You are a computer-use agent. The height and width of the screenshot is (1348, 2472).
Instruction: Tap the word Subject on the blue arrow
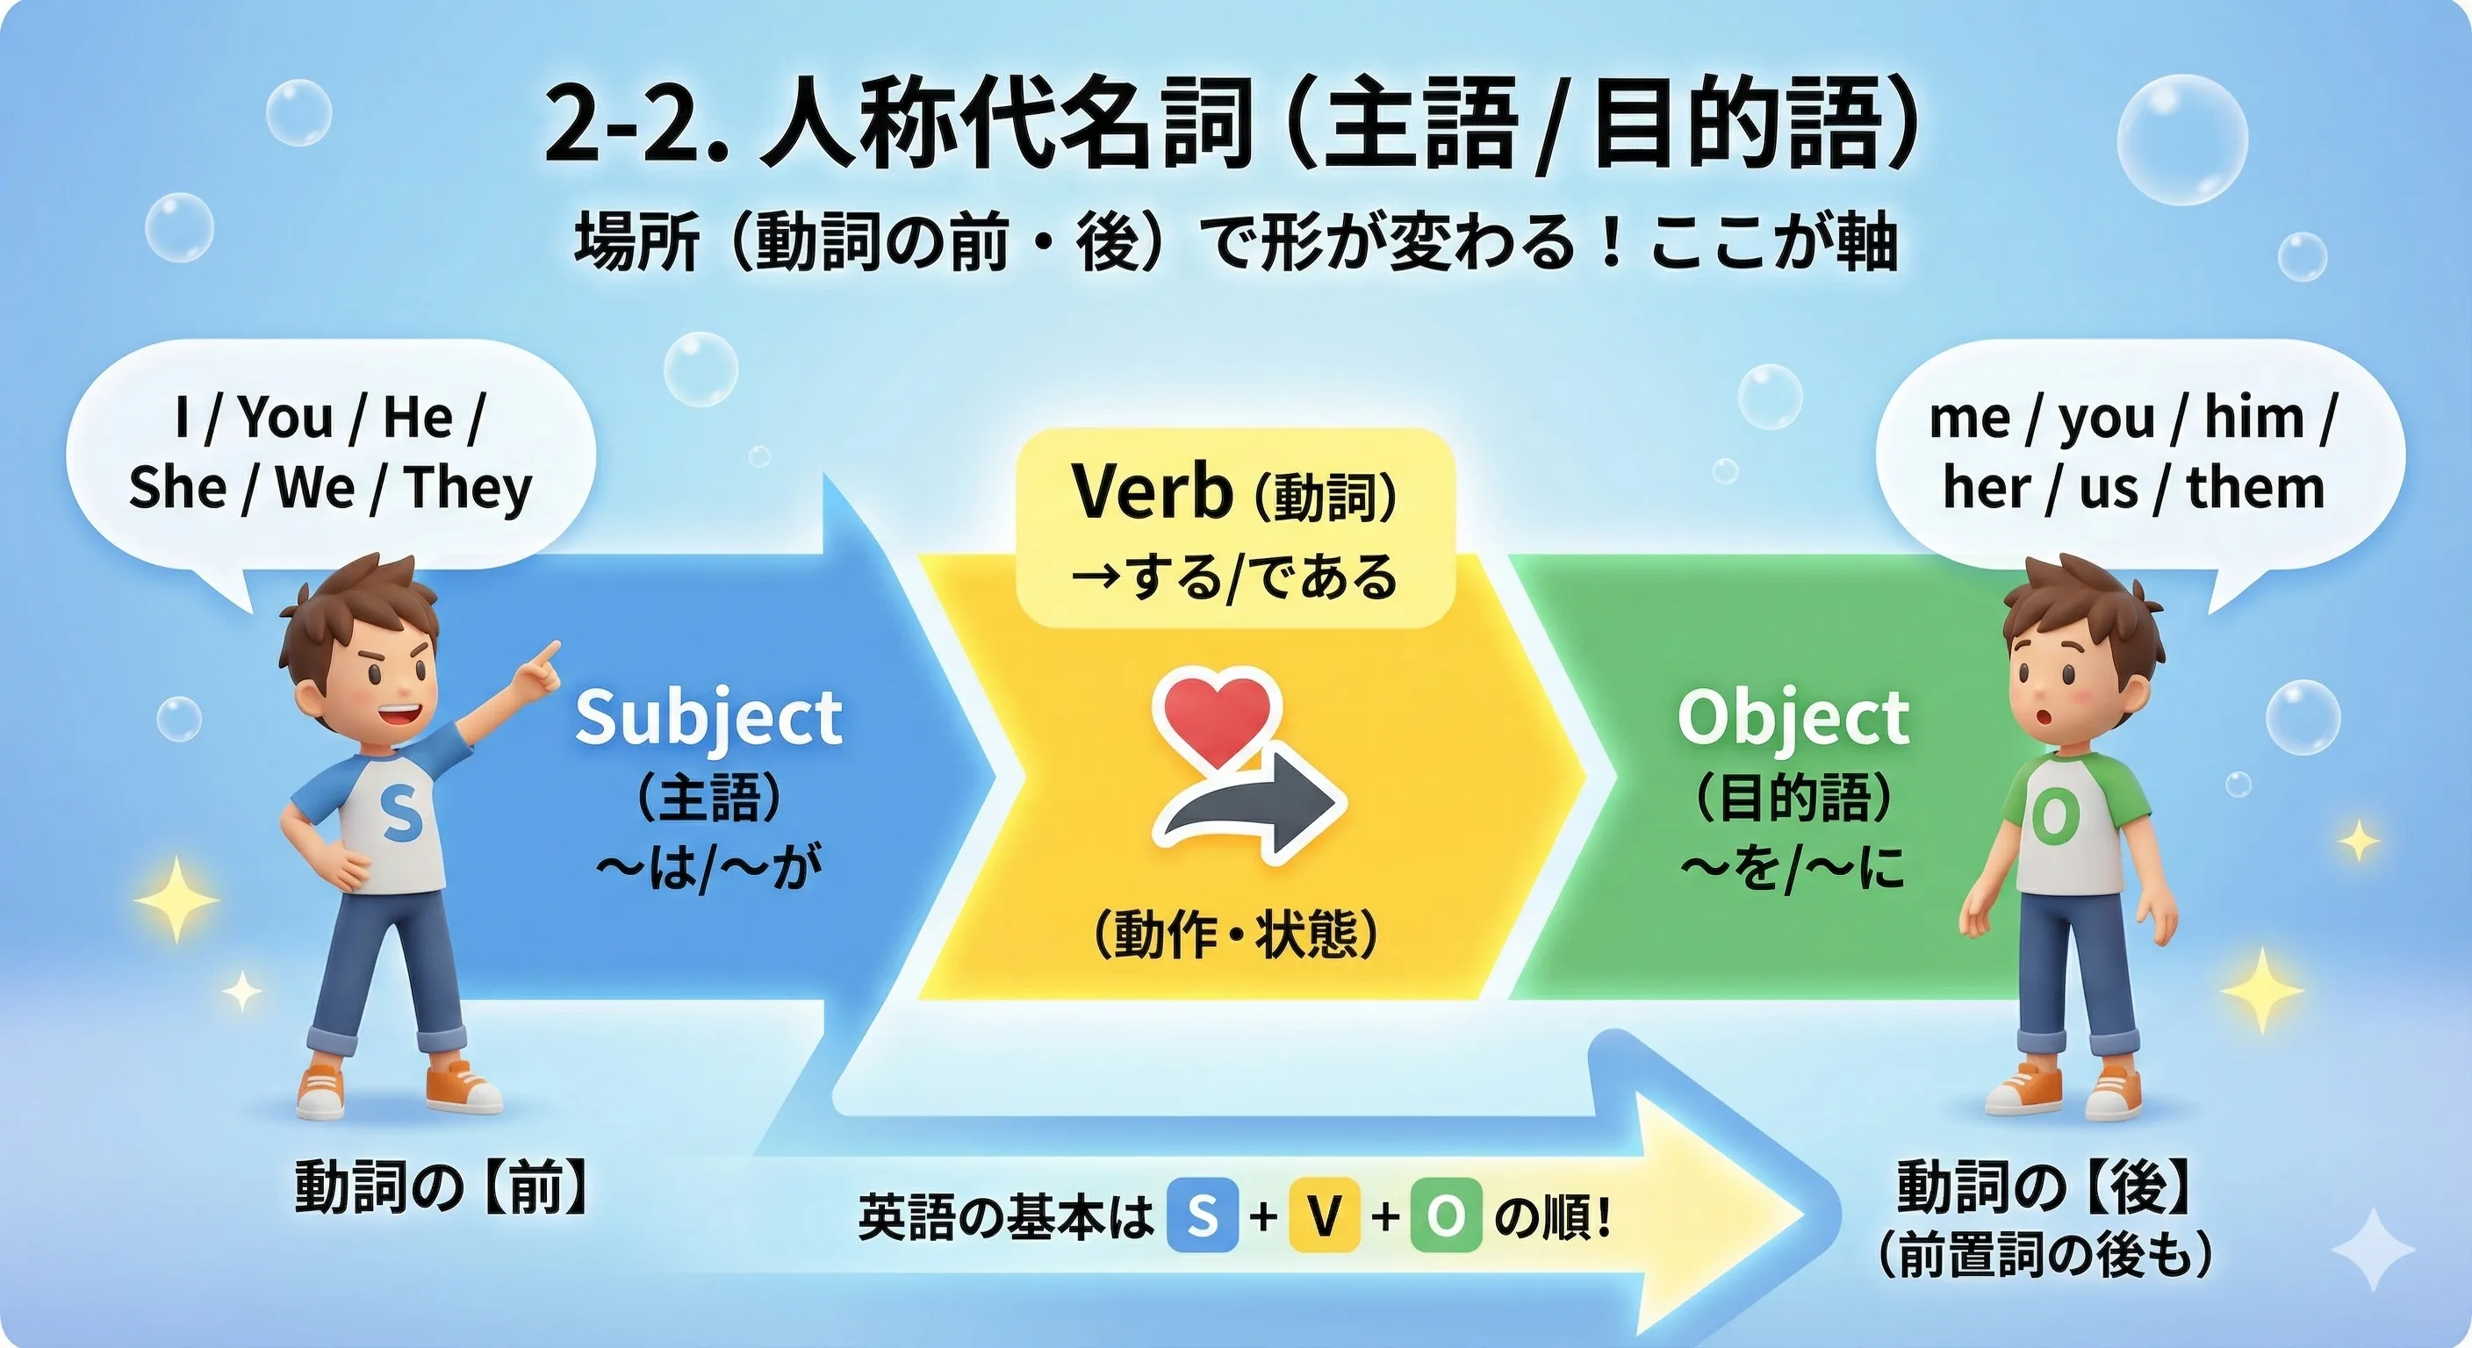pos(708,718)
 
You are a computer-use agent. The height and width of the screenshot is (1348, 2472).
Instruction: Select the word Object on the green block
pos(1793,718)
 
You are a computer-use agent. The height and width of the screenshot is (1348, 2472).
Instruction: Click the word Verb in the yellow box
pos(1151,492)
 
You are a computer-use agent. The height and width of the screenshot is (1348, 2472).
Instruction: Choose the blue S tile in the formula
pos(1202,1216)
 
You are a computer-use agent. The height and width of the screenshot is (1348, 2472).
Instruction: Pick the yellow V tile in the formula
pos(1325,1216)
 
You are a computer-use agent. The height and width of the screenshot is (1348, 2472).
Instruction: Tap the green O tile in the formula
pos(1445,1216)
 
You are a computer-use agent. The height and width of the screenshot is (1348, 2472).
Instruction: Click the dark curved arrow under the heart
pos(1257,807)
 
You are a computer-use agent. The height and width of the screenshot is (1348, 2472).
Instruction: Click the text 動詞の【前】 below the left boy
pos(441,1187)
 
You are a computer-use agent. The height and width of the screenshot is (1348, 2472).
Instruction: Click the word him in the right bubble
pos(2253,419)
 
